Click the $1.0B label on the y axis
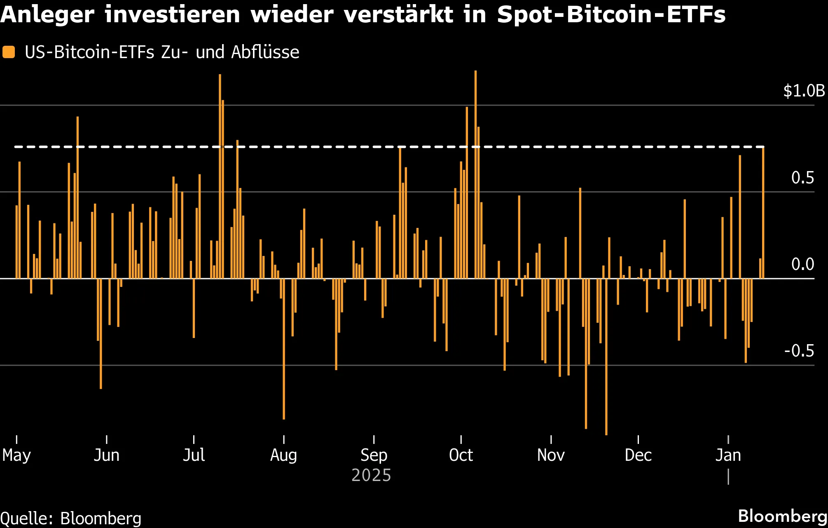(x=804, y=91)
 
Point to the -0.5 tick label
(x=799, y=351)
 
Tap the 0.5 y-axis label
(x=802, y=178)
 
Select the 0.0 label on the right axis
(x=802, y=265)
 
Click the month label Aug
(x=283, y=455)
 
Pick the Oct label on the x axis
(x=461, y=455)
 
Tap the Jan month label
(x=728, y=455)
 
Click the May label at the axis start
(x=16, y=455)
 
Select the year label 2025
(x=371, y=475)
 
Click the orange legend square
(x=9, y=52)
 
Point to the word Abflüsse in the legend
(x=265, y=52)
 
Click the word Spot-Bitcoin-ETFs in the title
(x=611, y=15)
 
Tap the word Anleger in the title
(x=47, y=15)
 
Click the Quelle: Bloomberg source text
(x=71, y=519)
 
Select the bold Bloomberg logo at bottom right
(x=782, y=516)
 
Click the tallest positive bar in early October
(x=475, y=173)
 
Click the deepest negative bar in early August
(x=284, y=350)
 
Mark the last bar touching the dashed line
(x=763, y=212)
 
